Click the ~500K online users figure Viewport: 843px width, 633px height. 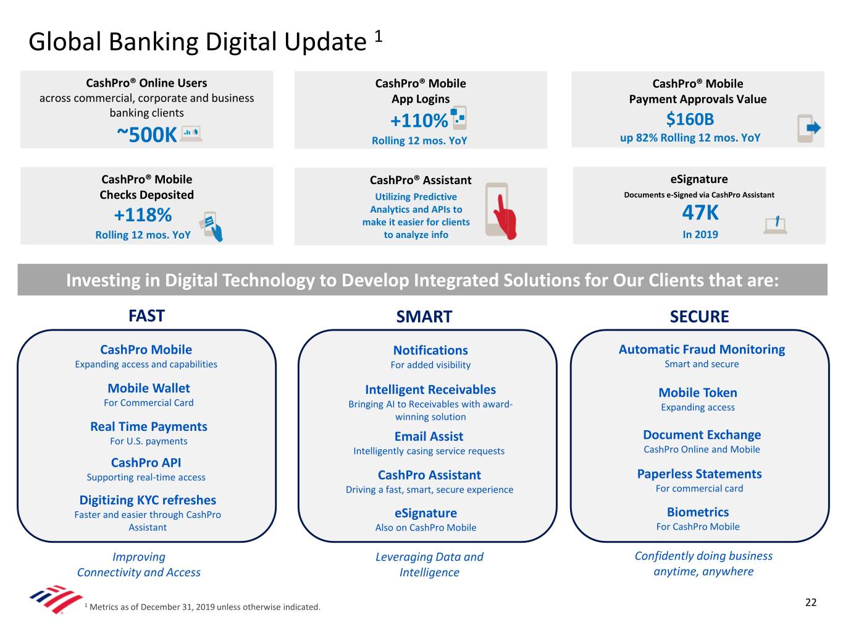147,135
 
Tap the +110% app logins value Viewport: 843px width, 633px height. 419,121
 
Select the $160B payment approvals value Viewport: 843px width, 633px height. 690,119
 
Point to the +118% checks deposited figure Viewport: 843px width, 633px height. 143,215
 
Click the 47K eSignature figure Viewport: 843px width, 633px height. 700,213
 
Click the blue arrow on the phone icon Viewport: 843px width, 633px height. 813,127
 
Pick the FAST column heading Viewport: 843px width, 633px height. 146,316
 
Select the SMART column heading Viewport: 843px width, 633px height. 424,316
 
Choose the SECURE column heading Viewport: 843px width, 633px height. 699,316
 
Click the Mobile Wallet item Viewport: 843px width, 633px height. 149,388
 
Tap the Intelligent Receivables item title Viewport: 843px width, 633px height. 430,389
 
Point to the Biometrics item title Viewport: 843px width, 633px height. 697,512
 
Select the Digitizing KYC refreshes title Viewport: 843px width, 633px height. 148,500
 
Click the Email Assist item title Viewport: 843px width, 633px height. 429,436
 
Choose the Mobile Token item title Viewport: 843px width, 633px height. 697,393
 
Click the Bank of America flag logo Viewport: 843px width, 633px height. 56,599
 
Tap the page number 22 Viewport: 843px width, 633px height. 810,602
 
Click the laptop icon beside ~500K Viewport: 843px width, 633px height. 191,134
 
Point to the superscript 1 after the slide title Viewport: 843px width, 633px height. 379,36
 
